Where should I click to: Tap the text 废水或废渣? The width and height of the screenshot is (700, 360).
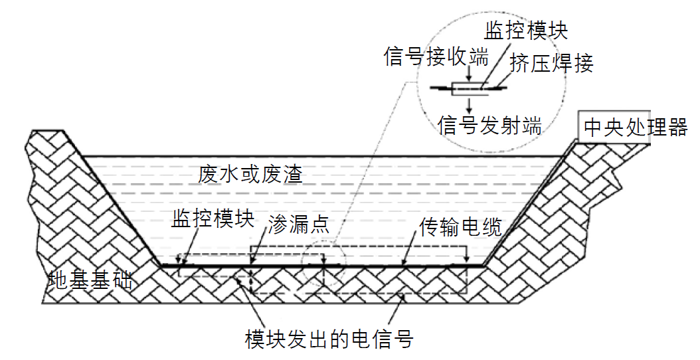pyautogui.click(x=250, y=174)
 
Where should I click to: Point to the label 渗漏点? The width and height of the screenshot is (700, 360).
pyautogui.click(x=299, y=221)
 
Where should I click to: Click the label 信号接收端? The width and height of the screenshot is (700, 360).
pyautogui.click(x=436, y=57)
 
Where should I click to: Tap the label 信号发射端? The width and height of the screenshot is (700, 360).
pyautogui.click(x=489, y=125)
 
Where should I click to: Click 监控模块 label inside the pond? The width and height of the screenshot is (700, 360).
pyautogui.click(x=213, y=220)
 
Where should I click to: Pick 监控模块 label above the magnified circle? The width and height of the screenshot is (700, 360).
pyautogui.click(x=526, y=31)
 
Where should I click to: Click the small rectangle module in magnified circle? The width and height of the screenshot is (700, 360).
pyautogui.click(x=469, y=87)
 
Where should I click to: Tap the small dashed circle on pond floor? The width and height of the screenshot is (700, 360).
pyautogui.click(x=323, y=264)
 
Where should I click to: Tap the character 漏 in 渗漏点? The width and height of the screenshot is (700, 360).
pyautogui.click(x=299, y=221)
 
